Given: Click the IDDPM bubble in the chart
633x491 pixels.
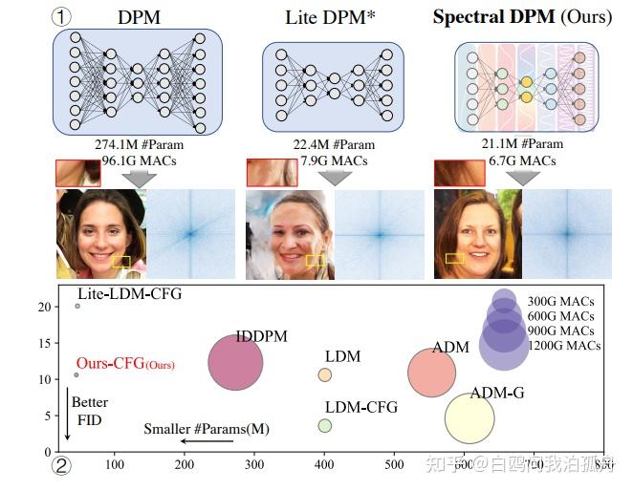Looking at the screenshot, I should [x=235, y=362].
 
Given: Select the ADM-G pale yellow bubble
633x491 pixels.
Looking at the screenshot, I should [x=469, y=418].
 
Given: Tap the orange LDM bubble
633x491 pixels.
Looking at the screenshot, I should [x=325, y=374].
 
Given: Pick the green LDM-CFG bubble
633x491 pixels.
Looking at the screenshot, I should [x=325, y=425].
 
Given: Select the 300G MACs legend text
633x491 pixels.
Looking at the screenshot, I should [x=564, y=301].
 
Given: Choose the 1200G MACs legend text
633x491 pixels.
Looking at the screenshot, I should [x=564, y=345].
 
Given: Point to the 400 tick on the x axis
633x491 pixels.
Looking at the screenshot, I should [x=324, y=464].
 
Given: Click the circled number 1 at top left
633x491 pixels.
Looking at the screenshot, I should [x=63, y=17].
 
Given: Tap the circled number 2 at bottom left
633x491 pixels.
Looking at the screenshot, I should [x=62, y=467].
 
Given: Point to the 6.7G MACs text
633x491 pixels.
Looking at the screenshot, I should [x=517, y=160].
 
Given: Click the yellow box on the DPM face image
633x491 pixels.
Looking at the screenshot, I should [x=120, y=260].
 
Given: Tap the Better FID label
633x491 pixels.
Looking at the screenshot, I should [x=90, y=411].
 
